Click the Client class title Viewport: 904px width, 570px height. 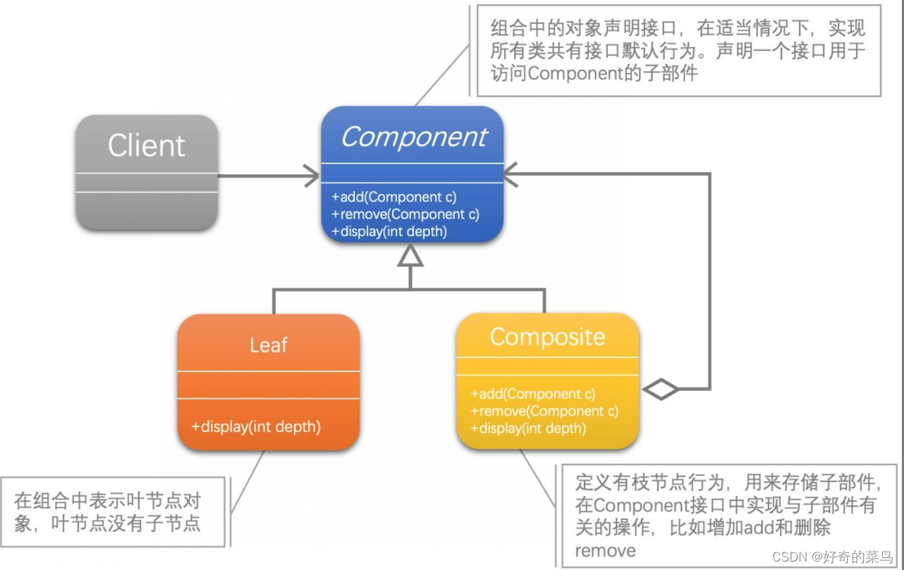click(146, 146)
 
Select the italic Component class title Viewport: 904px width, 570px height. click(413, 137)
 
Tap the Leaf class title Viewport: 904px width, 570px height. click(268, 345)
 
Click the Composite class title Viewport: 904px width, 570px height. click(547, 337)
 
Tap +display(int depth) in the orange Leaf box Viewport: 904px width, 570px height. click(256, 426)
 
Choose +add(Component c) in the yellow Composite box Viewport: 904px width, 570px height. click(532, 394)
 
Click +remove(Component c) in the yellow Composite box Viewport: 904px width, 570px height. click(544, 411)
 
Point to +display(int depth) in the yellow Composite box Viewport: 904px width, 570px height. click(527, 428)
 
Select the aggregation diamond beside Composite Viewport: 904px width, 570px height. click(661, 388)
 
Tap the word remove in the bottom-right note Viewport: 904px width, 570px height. click(605, 550)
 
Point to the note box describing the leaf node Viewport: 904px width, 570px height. click(113, 512)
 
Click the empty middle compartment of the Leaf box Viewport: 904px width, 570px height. click(268, 385)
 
